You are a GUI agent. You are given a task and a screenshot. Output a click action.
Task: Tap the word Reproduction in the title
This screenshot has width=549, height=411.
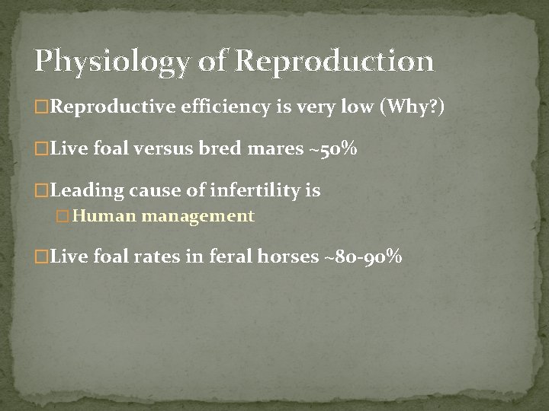pos(334,62)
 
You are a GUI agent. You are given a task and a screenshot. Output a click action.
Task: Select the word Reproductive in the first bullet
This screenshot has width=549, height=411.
pos(114,108)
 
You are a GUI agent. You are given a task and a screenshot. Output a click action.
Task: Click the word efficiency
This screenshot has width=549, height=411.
pos(226,108)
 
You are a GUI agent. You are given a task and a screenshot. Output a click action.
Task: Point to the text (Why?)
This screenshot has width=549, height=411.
pos(407,108)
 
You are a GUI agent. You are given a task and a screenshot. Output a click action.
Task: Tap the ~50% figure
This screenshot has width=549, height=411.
pos(333,149)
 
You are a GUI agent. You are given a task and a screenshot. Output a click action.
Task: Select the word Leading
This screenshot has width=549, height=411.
pos(83,190)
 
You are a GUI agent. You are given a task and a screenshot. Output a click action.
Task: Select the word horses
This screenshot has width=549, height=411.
pos(287,257)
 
